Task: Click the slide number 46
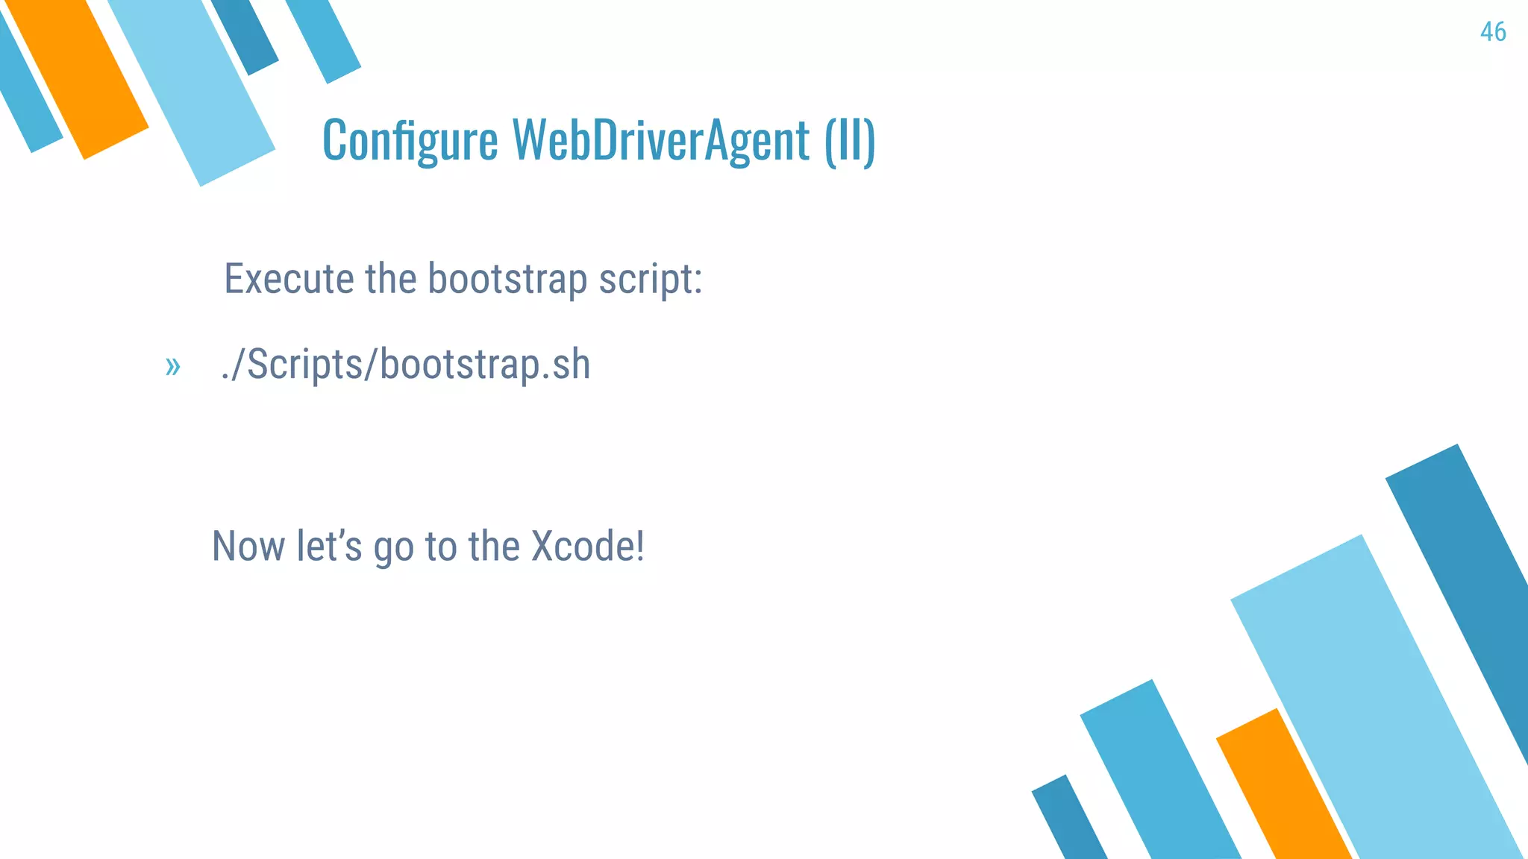(x=1493, y=32)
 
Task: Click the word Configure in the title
(x=410, y=140)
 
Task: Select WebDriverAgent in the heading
(x=660, y=140)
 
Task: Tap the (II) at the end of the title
(x=850, y=140)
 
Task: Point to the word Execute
(x=289, y=279)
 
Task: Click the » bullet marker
(x=172, y=366)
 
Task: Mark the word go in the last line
(x=393, y=547)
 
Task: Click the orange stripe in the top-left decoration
(x=78, y=75)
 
